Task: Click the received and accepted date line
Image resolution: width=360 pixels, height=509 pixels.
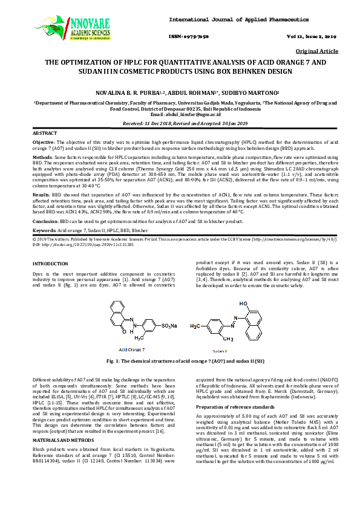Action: [x=180, y=123]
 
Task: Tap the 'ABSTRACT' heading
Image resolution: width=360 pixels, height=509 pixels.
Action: [x=44, y=132]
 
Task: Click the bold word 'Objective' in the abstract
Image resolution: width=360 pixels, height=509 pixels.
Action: [x=44, y=141]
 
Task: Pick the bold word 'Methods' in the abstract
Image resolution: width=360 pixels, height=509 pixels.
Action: [x=42, y=155]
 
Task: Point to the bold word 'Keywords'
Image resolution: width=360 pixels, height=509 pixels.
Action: [x=44, y=231]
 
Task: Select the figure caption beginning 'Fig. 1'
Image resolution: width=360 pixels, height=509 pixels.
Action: [x=180, y=360]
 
